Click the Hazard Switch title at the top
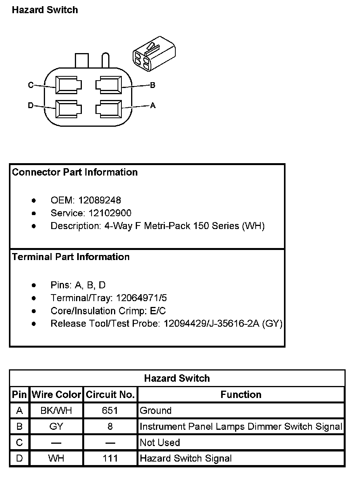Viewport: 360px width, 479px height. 45,10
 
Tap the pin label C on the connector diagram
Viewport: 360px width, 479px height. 31,85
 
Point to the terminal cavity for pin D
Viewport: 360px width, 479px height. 68,109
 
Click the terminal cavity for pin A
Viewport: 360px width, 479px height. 109,109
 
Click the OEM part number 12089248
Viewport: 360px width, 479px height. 99,200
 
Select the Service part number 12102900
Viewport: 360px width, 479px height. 110,213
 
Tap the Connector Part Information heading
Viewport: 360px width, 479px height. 75,172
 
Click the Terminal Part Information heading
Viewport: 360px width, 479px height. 71,257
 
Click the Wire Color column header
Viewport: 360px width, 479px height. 56,395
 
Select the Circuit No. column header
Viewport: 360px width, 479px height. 110,395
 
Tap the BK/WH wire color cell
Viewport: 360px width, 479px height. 56,410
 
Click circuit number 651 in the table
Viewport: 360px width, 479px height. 110,410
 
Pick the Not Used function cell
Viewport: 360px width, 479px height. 160,443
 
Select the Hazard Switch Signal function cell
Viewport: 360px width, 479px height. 185,458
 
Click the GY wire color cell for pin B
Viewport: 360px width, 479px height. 56,427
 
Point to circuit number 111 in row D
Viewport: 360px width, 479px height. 110,458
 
